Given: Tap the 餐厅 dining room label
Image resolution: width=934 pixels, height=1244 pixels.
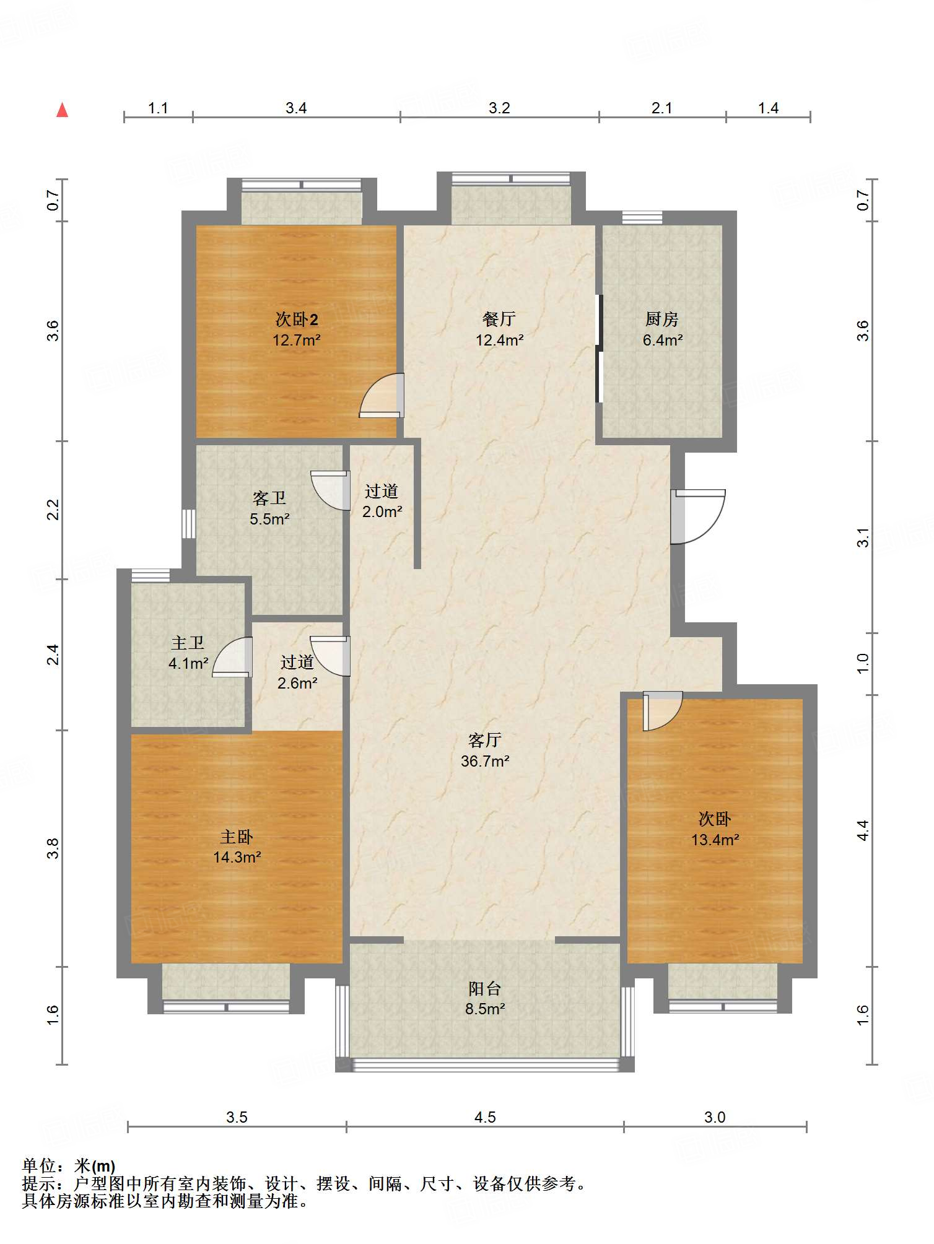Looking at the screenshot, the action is [x=499, y=319].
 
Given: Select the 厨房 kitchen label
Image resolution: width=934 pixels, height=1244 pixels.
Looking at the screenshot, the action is [x=662, y=319].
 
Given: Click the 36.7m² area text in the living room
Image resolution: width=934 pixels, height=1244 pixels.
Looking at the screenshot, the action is [x=485, y=761].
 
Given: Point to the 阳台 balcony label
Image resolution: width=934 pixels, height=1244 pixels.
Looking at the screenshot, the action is [x=485, y=988].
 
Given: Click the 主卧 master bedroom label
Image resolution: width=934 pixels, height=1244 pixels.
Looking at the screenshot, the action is [x=237, y=837].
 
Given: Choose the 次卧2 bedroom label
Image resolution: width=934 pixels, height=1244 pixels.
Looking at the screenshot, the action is [x=297, y=319].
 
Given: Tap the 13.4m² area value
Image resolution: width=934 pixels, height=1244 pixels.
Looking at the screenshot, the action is [x=715, y=840].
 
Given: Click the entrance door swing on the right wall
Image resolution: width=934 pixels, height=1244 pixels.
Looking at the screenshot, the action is [x=698, y=516].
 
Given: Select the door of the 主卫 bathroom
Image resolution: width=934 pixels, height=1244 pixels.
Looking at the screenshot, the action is [x=232, y=657].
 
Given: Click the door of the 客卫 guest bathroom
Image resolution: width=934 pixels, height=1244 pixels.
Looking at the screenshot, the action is [x=330, y=490].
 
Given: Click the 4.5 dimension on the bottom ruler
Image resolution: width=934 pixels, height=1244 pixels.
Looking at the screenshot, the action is [x=485, y=1117].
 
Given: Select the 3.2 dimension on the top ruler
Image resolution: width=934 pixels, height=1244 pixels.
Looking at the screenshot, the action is [x=499, y=108].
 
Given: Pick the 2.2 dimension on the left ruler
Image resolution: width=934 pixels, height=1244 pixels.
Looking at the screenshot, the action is [x=53, y=510].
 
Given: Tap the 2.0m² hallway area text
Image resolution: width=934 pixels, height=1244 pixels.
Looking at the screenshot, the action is [x=382, y=511].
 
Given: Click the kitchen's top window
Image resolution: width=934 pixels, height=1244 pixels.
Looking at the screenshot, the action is [x=642, y=217].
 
